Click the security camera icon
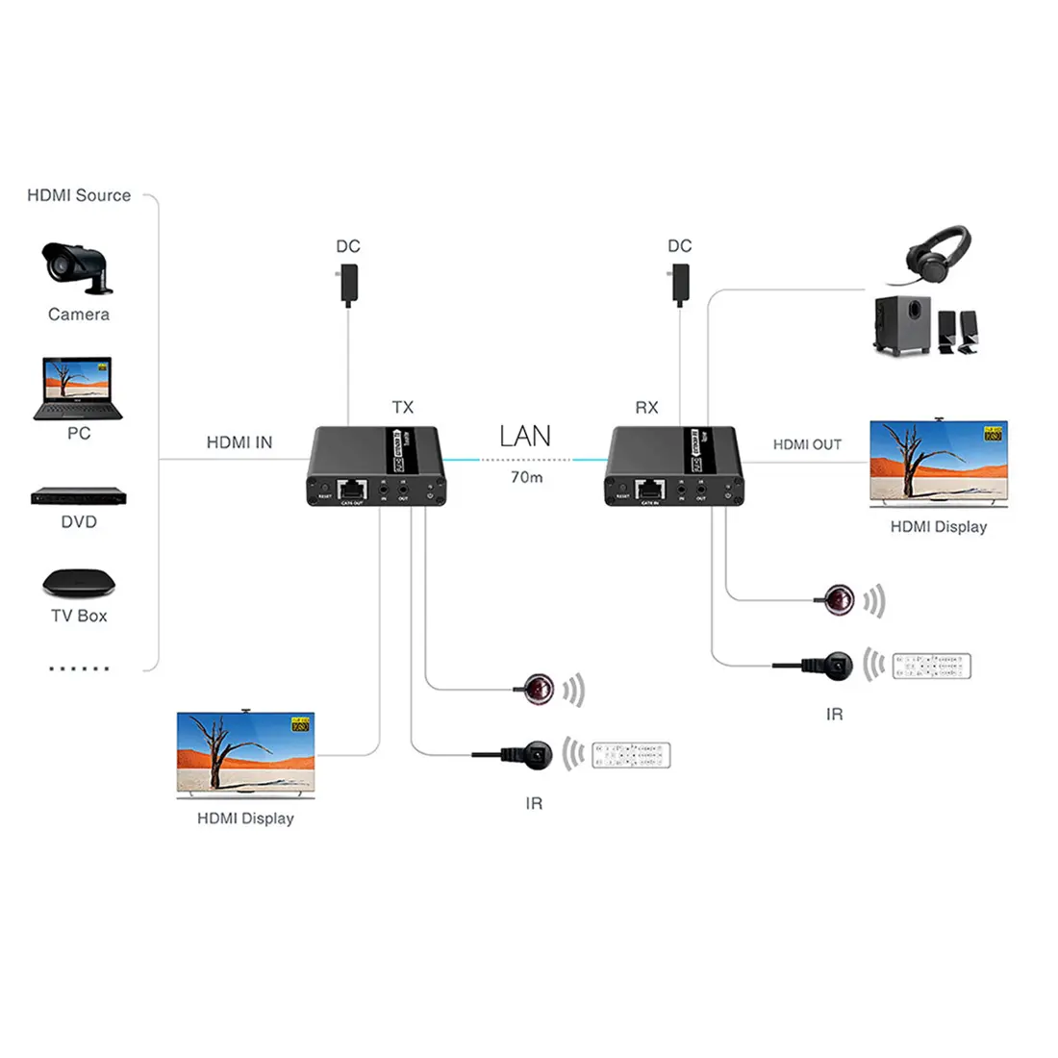(x=76, y=265)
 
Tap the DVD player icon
(x=79, y=496)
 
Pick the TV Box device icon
(x=79, y=583)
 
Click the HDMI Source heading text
(x=79, y=195)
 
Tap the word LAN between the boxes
(x=525, y=436)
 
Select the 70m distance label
(x=526, y=477)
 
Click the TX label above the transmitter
(x=403, y=408)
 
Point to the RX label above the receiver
(x=646, y=408)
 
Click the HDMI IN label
(x=239, y=442)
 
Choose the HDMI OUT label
(x=807, y=444)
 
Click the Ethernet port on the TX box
(x=353, y=489)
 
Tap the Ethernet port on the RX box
(x=650, y=489)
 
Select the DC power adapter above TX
(x=348, y=287)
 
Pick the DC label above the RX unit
(x=680, y=246)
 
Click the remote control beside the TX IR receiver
(x=631, y=755)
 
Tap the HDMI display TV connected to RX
(x=939, y=464)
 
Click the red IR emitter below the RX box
(x=841, y=599)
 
